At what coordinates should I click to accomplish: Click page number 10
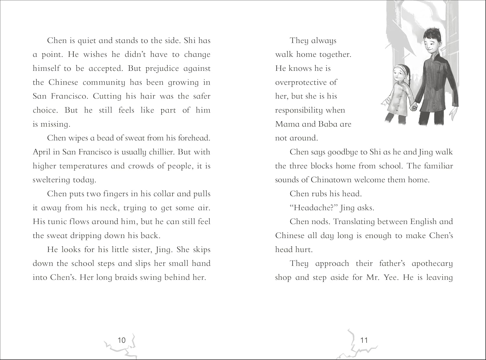pos(121,340)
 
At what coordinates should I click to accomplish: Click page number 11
pos(364,340)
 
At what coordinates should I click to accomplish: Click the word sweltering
pos(51,180)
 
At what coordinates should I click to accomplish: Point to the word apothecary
pos(432,264)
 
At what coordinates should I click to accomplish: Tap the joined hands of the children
pos(414,107)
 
